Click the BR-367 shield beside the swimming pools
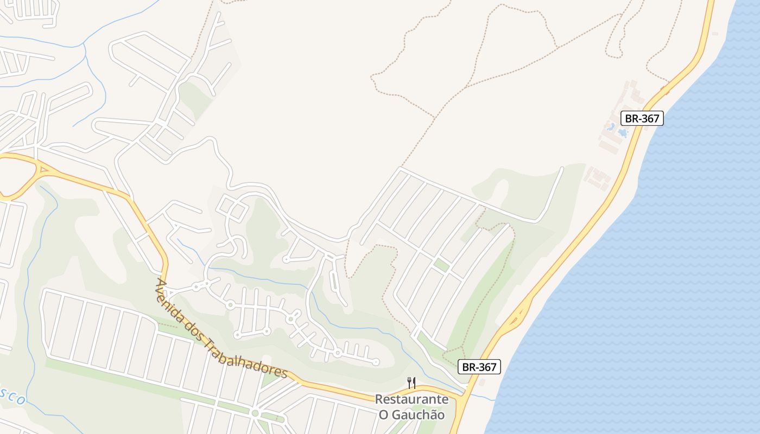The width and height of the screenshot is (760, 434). tap(642, 118)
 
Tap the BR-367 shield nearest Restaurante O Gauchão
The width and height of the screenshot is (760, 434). tap(479, 367)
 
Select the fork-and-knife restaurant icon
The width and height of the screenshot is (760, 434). tap(411, 383)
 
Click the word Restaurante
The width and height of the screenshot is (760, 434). tap(412, 400)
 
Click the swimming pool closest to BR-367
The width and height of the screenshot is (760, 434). tap(623, 132)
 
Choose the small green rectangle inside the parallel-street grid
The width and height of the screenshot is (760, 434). tap(441, 265)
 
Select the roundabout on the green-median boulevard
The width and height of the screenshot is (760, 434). tap(255, 414)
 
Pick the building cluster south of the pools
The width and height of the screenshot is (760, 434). tap(598, 178)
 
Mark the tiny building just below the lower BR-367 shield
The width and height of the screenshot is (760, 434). tap(482, 381)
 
